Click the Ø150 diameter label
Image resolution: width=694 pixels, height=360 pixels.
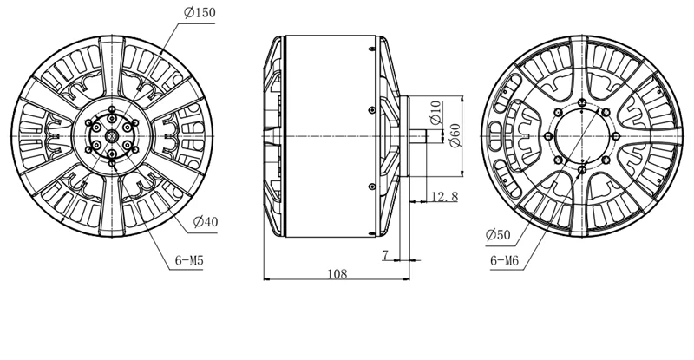(200, 12)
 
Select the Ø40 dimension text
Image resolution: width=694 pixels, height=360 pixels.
(206, 223)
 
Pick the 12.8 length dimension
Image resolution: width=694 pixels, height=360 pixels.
(443, 199)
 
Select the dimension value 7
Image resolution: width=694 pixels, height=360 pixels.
(384, 254)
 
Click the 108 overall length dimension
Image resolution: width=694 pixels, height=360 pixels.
(337, 274)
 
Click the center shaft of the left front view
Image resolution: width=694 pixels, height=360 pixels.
(112, 137)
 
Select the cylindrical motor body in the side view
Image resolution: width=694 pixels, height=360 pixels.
(330, 136)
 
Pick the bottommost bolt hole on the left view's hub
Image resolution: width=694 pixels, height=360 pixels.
(112, 160)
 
